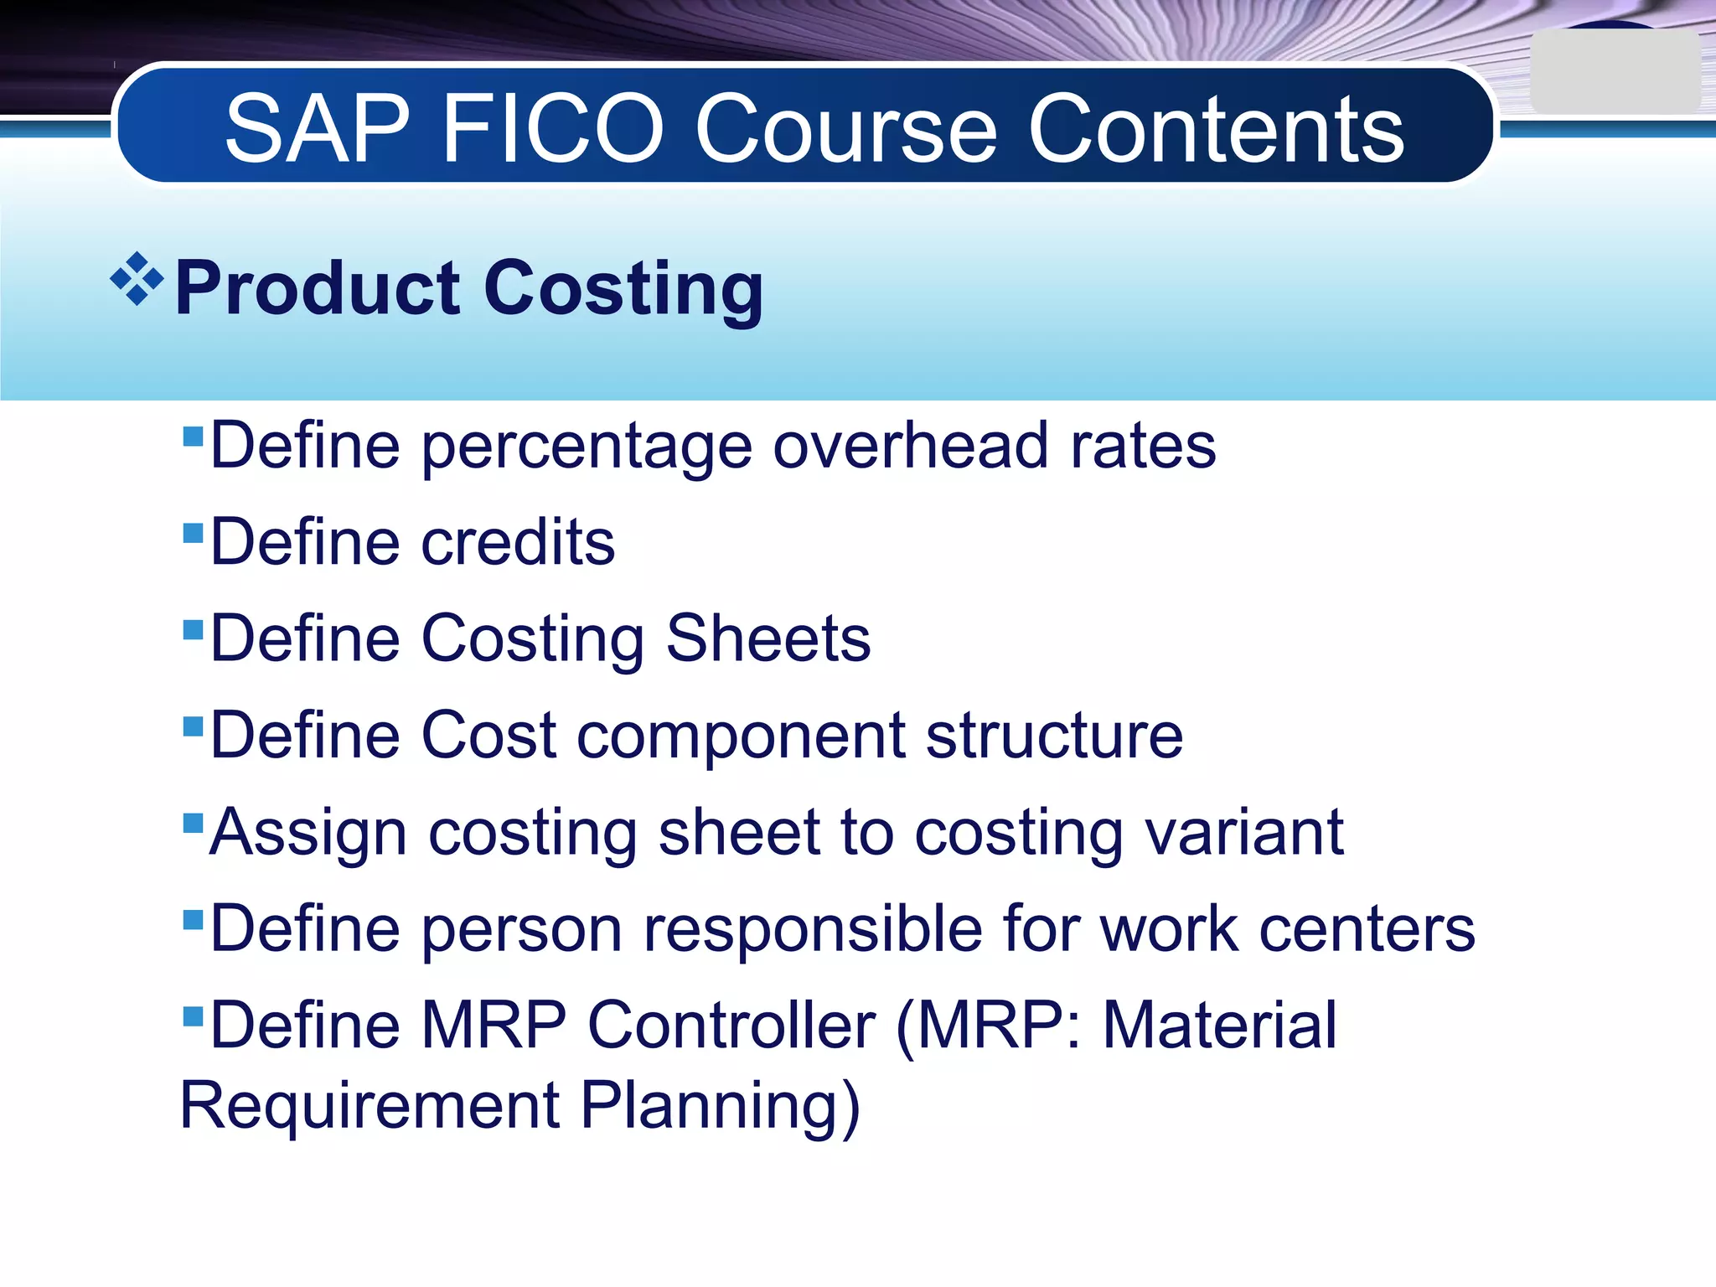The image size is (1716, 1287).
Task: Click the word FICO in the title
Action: (x=552, y=130)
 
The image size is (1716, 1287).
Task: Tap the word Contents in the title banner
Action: (x=1216, y=130)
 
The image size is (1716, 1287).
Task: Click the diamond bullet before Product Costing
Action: (x=137, y=279)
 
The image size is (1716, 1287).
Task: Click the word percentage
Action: (x=586, y=447)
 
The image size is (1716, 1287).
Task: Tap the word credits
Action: (x=518, y=542)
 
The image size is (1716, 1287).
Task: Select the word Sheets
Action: (x=768, y=638)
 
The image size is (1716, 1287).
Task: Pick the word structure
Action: (x=1054, y=736)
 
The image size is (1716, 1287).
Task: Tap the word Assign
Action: (x=308, y=834)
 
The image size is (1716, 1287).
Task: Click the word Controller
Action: (x=731, y=1026)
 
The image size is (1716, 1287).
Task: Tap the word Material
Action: (x=1219, y=1026)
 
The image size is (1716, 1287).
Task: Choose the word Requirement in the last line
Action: (x=370, y=1106)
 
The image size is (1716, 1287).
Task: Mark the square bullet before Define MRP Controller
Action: (x=193, y=1017)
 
